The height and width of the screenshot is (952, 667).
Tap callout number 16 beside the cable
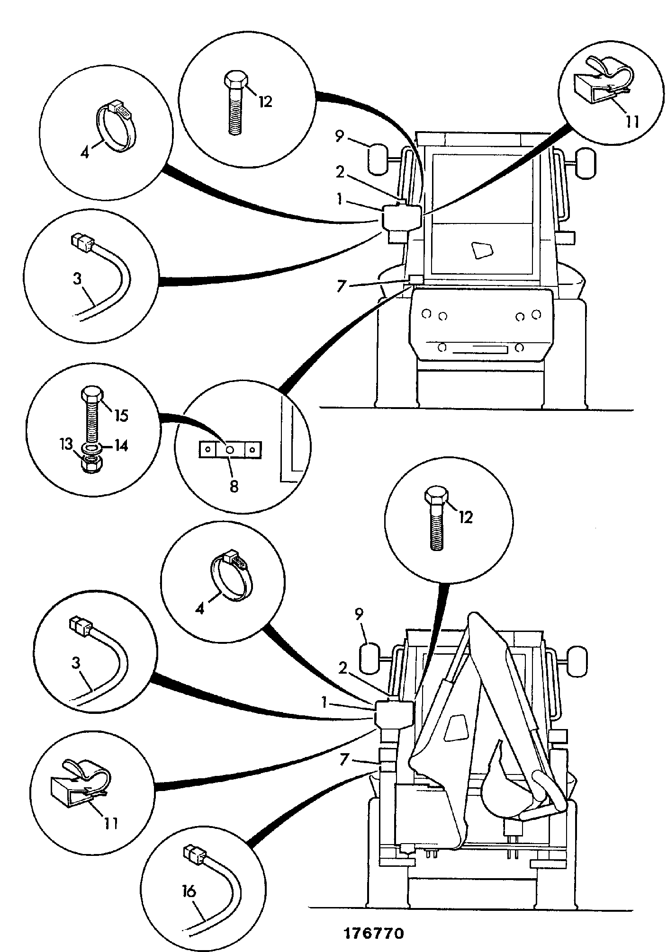[x=189, y=892]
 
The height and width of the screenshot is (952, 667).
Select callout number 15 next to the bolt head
[x=121, y=415]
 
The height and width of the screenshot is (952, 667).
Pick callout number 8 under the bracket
[x=234, y=486]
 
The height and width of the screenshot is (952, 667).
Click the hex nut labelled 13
[x=90, y=464]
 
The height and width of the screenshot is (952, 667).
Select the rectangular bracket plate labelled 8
[x=230, y=450]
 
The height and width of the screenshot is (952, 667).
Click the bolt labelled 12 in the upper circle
[x=235, y=103]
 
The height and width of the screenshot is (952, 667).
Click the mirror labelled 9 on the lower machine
[x=370, y=658]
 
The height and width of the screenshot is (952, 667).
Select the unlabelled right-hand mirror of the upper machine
[x=586, y=163]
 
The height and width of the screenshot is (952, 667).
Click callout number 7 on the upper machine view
[x=341, y=286]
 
